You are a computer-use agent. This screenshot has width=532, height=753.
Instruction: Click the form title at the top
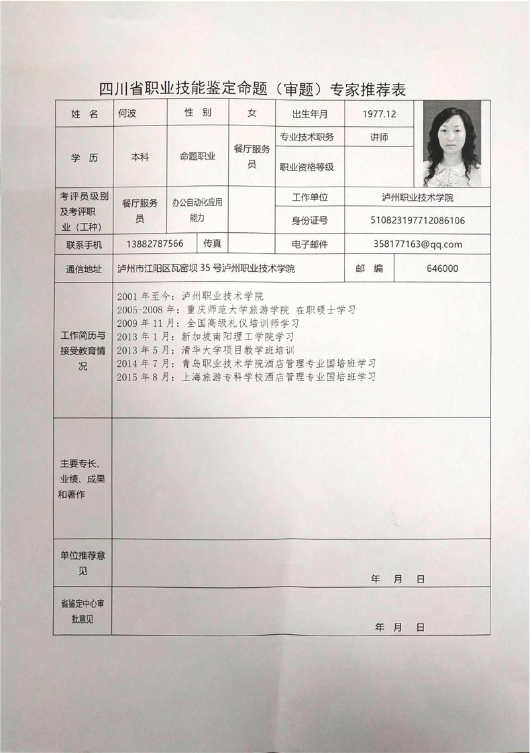tap(252, 89)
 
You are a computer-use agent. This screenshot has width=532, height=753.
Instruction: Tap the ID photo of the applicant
tap(451, 143)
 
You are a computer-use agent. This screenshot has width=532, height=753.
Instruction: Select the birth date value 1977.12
tap(379, 113)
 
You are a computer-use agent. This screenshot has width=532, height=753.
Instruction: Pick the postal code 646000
tap(442, 268)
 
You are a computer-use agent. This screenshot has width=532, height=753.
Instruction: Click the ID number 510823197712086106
tap(417, 220)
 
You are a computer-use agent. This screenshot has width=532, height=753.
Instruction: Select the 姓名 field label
tap(84, 114)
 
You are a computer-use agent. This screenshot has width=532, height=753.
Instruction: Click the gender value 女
tap(252, 113)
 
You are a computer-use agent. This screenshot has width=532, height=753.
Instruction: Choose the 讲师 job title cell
tap(379, 137)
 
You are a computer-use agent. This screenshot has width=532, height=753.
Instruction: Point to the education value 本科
tap(140, 156)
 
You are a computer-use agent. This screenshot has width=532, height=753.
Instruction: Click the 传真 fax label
tap(213, 243)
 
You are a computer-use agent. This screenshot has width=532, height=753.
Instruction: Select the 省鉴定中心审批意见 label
tap(83, 612)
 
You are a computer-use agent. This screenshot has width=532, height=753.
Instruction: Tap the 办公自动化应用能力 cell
tap(197, 209)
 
